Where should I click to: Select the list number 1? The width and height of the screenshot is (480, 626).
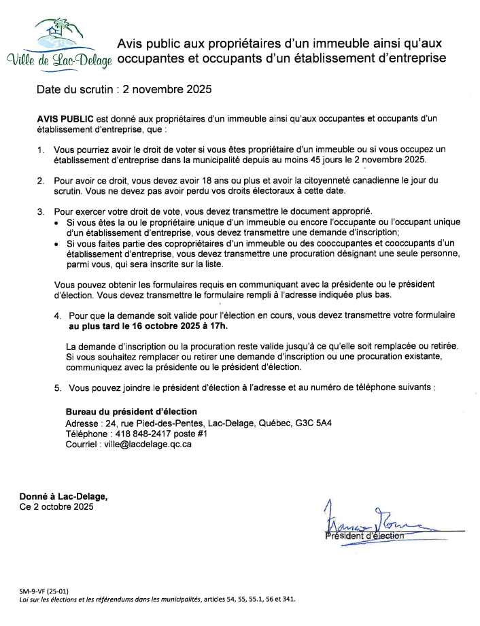tap(40, 150)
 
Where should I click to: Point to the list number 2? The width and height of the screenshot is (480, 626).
tap(40, 180)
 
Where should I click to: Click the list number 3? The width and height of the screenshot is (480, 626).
tap(40, 212)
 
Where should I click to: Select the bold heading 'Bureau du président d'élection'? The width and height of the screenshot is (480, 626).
tap(131, 411)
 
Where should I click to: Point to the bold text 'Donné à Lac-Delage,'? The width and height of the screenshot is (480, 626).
tap(63, 496)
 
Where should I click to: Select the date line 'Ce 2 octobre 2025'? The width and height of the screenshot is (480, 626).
tap(56, 506)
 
